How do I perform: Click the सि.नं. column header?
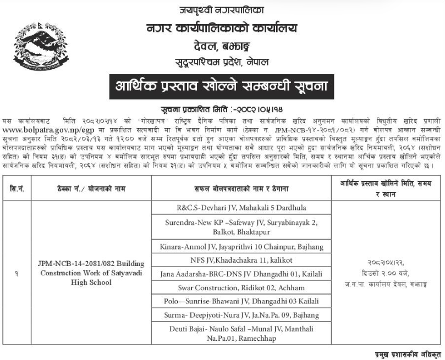click(17, 189)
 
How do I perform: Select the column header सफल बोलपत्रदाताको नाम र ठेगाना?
click(241, 189)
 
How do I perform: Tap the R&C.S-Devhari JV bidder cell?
click(241, 208)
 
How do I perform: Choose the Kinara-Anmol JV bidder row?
click(241, 247)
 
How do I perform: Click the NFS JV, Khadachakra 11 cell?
click(241, 261)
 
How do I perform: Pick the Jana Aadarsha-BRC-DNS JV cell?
click(241, 274)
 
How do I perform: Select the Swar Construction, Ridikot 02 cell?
click(241, 287)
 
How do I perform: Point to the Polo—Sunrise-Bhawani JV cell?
click(241, 301)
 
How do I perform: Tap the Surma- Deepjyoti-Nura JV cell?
click(241, 315)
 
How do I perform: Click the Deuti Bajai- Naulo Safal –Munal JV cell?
click(241, 333)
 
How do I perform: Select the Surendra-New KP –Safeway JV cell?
click(241, 227)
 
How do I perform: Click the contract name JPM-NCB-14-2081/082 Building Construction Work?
click(91, 273)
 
